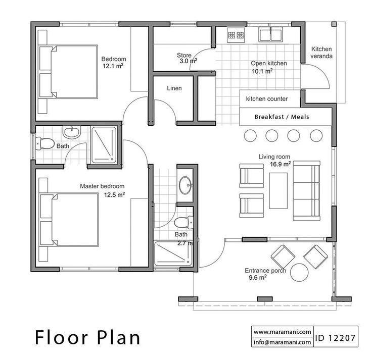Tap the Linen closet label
174,88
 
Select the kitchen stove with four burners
235,35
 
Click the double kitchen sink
271,35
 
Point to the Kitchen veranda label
321,53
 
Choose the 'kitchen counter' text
267,99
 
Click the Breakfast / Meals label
282,117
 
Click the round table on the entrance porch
299,272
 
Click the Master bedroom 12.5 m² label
103,190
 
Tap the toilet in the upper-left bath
45,143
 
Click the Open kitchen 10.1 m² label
269,67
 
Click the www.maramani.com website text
282,332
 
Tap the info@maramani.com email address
282,342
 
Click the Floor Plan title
87,337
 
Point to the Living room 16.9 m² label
274,160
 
